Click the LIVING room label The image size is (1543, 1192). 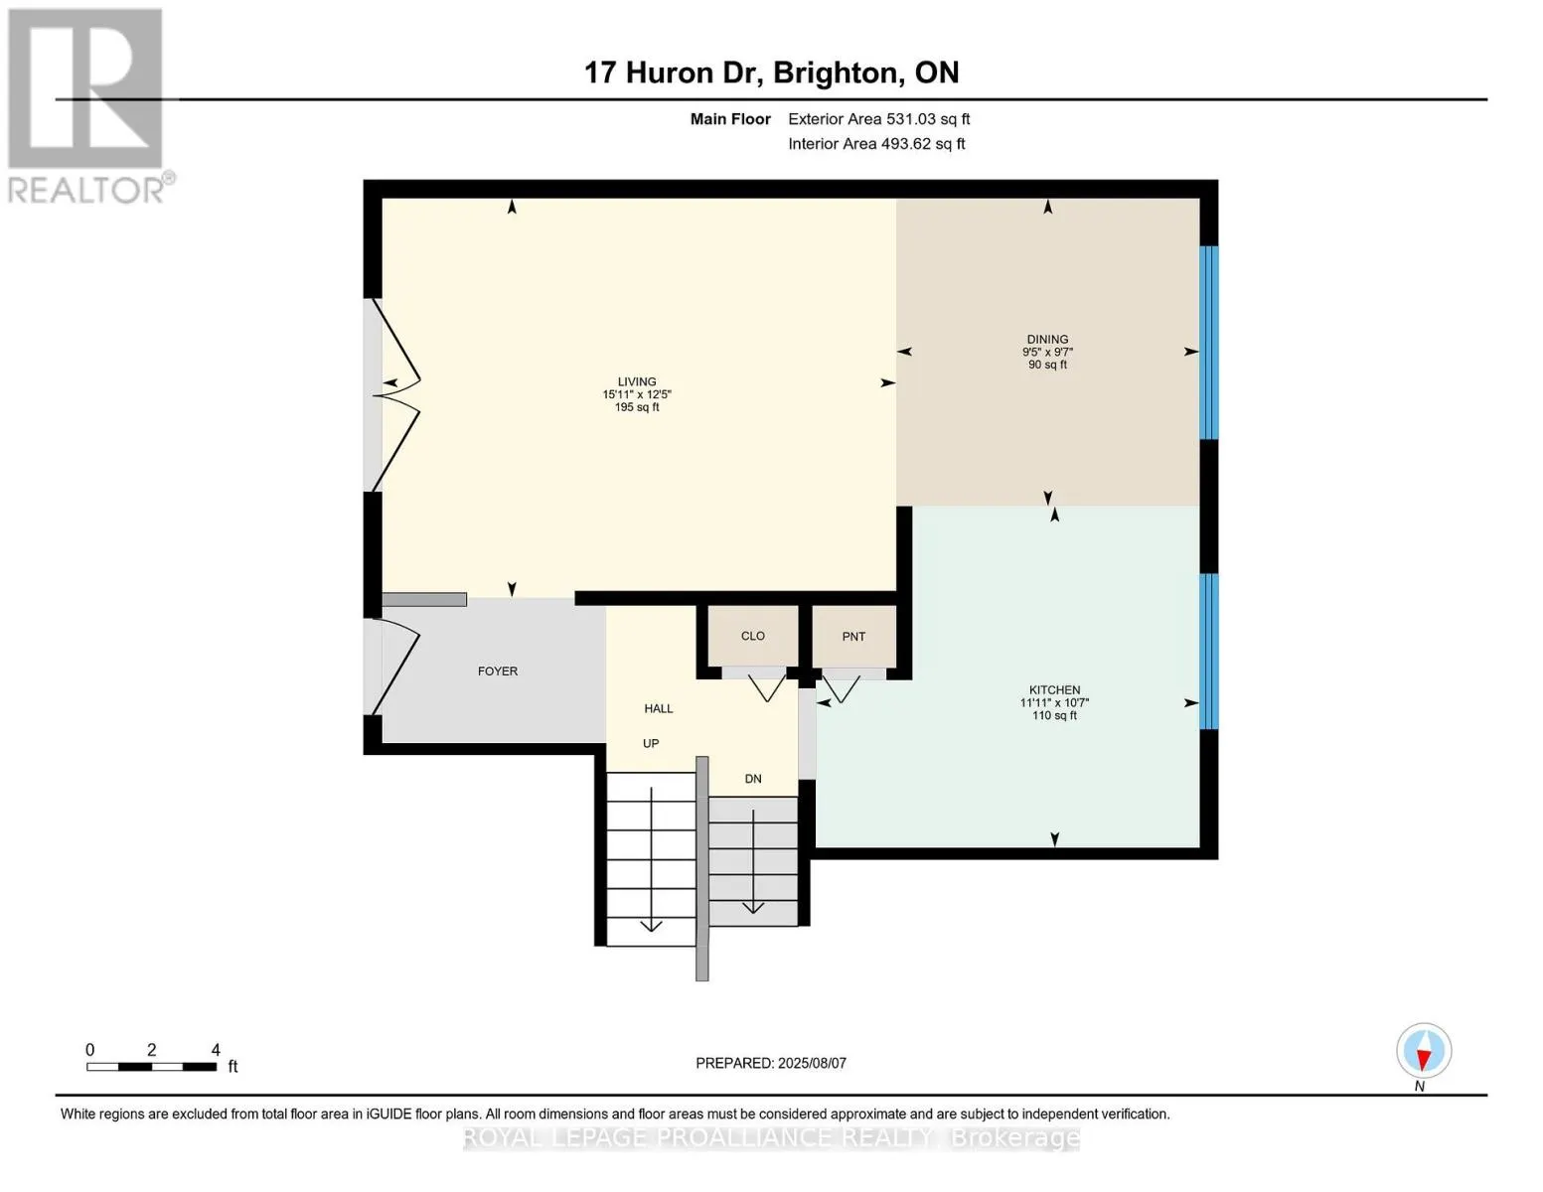pyautogui.click(x=637, y=382)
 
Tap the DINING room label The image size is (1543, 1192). pyautogui.click(x=1047, y=340)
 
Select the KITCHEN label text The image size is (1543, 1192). pyautogui.click(x=1054, y=690)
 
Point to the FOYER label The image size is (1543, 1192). pyautogui.click(x=498, y=670)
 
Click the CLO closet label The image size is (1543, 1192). pyautogui.click(x=753, y=636)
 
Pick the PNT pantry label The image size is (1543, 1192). pyautogui.click(x=853, y=637)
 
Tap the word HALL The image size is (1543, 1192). pyautogui.click(x=659, y=708)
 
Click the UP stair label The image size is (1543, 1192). pyautogui.click(x=651, y=743)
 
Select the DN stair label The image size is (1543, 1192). pyautogui.click(x=753, y=779)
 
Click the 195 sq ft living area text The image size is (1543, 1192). pyautogui.click(x=637, y=407)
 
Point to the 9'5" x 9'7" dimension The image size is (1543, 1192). pyautogui.click(x=1047, y=352)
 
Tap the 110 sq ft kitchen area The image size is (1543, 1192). pyautogui.click(x=1054, y=715)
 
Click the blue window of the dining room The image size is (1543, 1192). pyautogui.click(x=1208, y=342)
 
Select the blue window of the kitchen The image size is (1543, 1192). pyautogui.click(x=1208, y=651)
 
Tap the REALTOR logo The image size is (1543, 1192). pyautogui.click(x=88, y=106)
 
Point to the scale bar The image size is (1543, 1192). pyautogui.click(x=152, y=1066)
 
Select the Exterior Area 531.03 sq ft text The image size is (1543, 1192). pyautogui.click(x=879, y=119)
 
